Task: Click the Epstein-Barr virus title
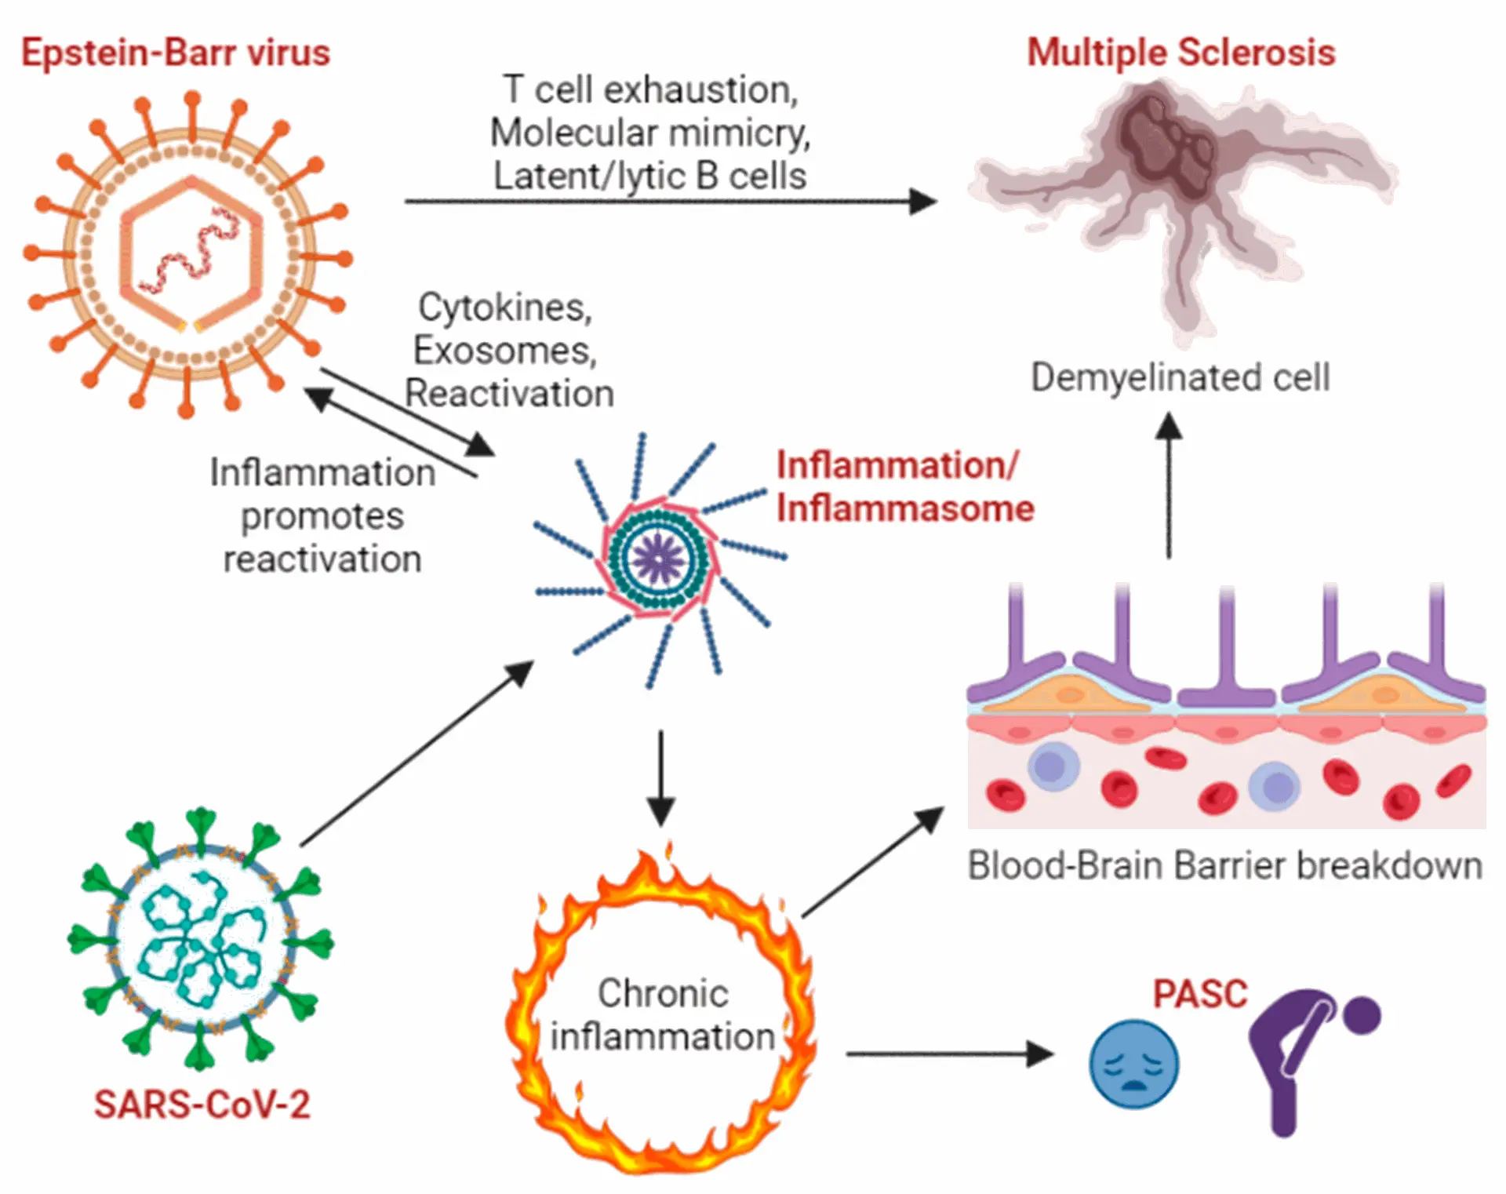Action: pos(176,53)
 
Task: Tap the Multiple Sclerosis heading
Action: pos(1181,53)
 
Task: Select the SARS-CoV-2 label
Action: pos(202,1105)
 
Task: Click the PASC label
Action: pos(1200,994)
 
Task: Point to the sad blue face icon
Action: pos(1133,1064)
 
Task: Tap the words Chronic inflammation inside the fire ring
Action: pos(663,1014)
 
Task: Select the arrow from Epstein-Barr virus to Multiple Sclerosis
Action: pos(671,202)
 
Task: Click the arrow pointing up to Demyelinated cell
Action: pos(1169,486)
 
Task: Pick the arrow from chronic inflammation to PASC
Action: pos(950,1054)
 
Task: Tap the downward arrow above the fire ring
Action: pos(661,778)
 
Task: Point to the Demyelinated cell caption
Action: pos(1180,377)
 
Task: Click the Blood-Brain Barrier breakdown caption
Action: pos(1225,866)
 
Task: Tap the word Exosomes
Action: pos(505,351)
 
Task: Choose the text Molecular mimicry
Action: pos(650,133)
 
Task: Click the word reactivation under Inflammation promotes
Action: pos(322,559)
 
